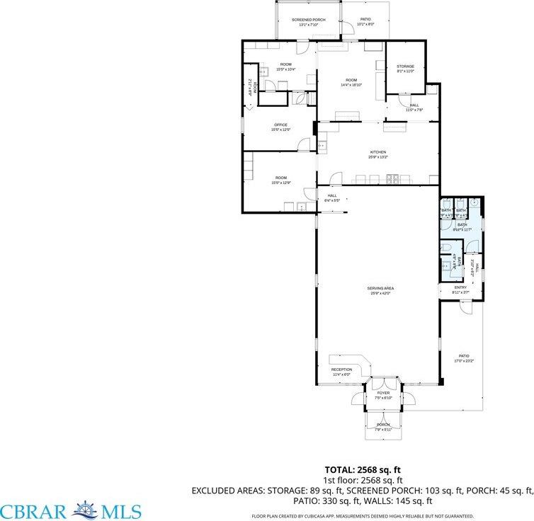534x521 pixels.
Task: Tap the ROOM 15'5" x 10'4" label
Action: pyautogui.click(x=285, y=67)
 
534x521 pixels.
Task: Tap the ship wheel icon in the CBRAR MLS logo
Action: pyautogui.click(x=86, y=510)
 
